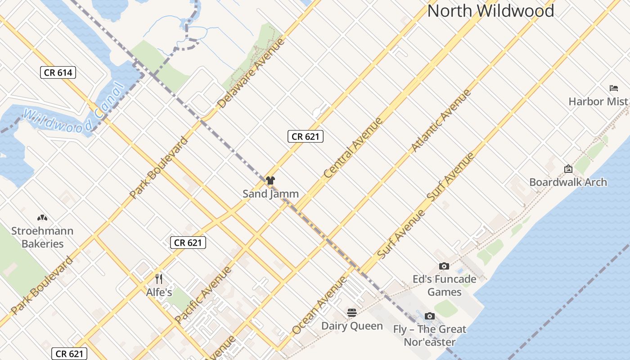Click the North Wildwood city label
(490, 11)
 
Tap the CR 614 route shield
(58, 72)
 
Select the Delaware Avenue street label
(252, 73)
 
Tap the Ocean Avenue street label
(319, 305)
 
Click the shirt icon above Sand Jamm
(270, 180)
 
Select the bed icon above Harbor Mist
(613, 88)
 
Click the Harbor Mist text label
(598, 101)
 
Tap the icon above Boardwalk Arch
(568, 169)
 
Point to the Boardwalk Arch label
(568, 182)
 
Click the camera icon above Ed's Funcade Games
(444, 266)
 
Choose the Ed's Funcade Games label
(444, 286)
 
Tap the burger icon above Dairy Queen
(352, 313)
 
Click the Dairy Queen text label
(352, 326)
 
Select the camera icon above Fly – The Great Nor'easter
(430, 316)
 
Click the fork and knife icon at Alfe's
(158, 279)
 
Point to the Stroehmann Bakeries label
(42, 237)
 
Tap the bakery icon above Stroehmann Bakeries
(42, 218)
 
